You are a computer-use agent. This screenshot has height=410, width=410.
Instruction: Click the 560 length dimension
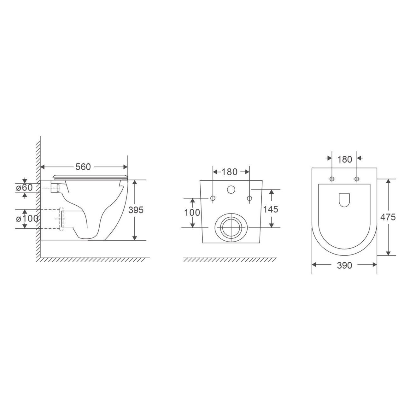pyautogui.click(x=83, y=167)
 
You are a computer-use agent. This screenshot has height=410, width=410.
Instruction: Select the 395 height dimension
pyautogui.click(x=136, y=210)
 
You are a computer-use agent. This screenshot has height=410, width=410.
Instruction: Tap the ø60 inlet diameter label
pyautogui.click(x=25, y=187)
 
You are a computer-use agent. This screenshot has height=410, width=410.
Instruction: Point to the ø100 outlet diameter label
pyautogui.click(x=27, y=219)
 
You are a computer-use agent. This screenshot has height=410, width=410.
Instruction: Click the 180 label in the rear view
pyautogui.click(x=229, y=172)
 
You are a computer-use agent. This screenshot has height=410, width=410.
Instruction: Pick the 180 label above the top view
pyautogui.click(x=344, y=159)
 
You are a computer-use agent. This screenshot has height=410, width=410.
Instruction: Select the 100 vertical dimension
pyautogui.click(x=192, y=213)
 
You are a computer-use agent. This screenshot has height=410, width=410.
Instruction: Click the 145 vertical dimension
pyautogui.click(x=271, y=210)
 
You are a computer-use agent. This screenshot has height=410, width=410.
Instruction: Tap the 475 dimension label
pyautogui.click(x=388, y=217)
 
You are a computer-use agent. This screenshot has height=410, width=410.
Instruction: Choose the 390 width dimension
pyautogui.click(x=344, y=265)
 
